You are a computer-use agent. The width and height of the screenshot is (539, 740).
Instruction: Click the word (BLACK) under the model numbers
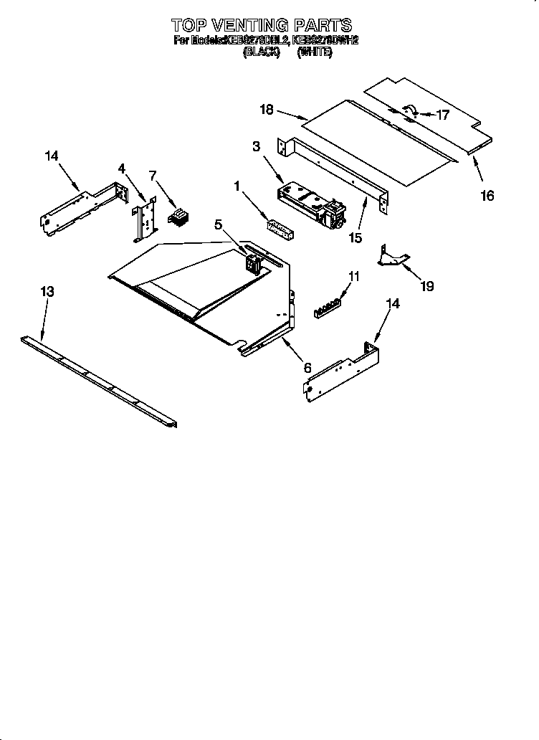(x=261, y=52)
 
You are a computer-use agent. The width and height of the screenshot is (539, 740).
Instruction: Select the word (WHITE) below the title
(x=315, y=52)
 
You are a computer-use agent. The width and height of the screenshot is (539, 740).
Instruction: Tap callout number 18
(x=267, y=109)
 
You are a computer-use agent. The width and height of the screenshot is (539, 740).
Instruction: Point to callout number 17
(x=442, y=114)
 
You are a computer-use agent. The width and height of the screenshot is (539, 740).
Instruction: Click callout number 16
(x=487, y=195)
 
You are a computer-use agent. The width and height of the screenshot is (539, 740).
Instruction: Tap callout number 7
(x=152, y=175)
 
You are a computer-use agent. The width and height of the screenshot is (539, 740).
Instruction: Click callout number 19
(x=427, y=286)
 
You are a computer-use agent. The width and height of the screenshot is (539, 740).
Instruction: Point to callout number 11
(x=353, y=275)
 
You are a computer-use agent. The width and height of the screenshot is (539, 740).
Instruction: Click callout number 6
(x=307, y=367)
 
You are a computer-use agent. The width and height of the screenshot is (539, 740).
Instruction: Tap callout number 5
(x=219, y=224)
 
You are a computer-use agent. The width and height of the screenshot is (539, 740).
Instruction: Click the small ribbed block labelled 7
(x=176, y=216)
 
